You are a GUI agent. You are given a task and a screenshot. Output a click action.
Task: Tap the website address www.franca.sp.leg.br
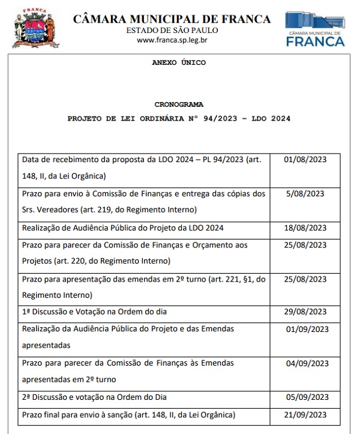(172, 40)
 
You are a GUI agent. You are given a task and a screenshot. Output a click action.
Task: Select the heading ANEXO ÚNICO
(179, 62)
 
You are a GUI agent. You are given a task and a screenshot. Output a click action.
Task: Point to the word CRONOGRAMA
(179, 104)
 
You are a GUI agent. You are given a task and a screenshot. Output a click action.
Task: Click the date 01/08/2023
(305, 160)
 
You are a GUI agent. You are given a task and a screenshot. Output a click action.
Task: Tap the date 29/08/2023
(305, 312)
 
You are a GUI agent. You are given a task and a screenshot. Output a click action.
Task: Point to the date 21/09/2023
(305, 415)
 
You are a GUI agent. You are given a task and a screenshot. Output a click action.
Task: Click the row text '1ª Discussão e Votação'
(94, 312)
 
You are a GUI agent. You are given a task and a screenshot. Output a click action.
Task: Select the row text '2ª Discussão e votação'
(94, 397)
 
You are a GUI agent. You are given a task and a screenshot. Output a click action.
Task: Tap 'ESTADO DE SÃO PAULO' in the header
(172, 31)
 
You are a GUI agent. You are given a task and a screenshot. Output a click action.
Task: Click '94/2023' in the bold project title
(209, 119)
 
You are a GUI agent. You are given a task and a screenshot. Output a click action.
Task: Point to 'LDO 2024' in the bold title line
(271, 119)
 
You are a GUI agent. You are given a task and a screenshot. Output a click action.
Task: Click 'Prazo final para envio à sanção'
(80, 415)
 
